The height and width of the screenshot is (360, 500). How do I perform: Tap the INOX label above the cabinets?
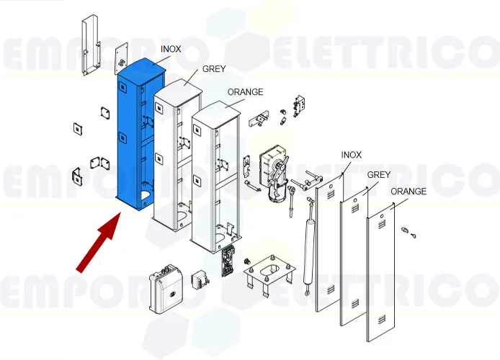tap(171, 49)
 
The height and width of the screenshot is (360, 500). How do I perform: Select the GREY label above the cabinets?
tap(214, 69)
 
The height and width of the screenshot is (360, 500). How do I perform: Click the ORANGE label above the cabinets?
tap(245, 92)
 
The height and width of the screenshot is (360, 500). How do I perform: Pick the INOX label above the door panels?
tap(351, 155)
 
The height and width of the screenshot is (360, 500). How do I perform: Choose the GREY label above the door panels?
tap(379, 175)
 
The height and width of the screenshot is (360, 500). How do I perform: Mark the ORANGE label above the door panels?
tap(409, 192)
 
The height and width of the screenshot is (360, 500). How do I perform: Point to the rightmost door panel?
tap(381, 274)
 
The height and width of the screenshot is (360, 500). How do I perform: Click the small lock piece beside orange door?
tap(409, 232)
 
